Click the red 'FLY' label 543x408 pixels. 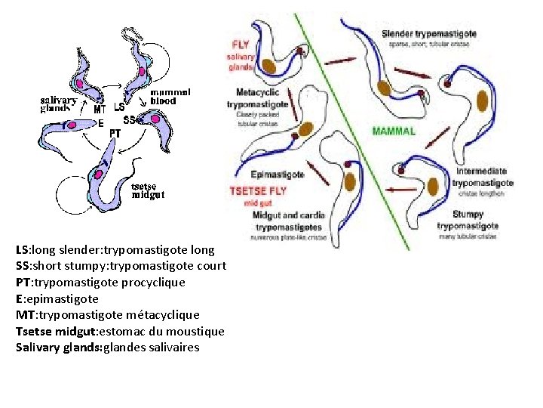point(239,45)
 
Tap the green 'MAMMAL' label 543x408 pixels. point(394,131)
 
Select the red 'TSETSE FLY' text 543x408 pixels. point(257,191)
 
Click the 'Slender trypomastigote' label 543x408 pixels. point(428,34)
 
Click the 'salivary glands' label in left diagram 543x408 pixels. point(58,104)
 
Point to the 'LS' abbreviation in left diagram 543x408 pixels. point(119,107)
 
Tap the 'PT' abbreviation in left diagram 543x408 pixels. point(115,133)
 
